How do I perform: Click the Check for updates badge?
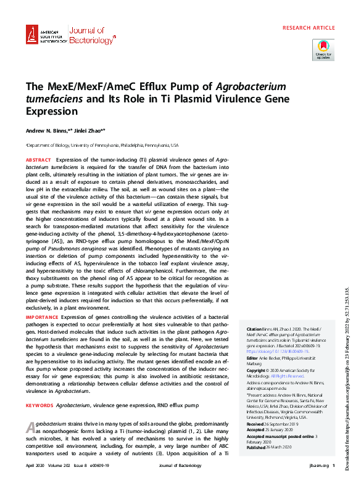323,49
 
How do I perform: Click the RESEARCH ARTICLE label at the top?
309,28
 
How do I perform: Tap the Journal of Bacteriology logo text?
91,36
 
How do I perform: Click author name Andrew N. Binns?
49,131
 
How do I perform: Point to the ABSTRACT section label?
38,159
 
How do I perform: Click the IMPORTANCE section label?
41,315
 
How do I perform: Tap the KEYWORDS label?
39,388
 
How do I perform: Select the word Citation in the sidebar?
255,330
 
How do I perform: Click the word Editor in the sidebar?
252,358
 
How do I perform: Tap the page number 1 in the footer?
333,466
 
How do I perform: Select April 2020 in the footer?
36,466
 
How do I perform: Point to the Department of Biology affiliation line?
102,145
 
